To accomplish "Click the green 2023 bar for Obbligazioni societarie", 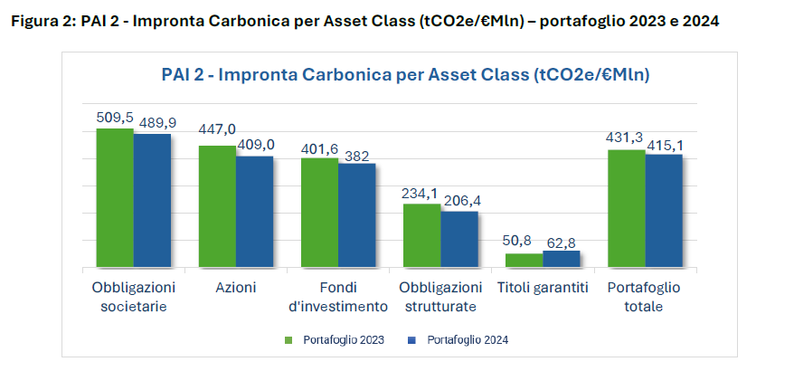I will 115,198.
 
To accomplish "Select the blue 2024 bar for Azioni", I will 255,212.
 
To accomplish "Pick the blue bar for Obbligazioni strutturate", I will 459,239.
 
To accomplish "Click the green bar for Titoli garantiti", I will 524,260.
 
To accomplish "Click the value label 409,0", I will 256,145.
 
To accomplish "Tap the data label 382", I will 358,156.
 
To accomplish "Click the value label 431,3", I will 625,138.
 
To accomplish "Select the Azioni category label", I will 236,288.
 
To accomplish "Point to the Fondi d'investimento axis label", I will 338,297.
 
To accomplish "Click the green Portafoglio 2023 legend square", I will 289,340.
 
